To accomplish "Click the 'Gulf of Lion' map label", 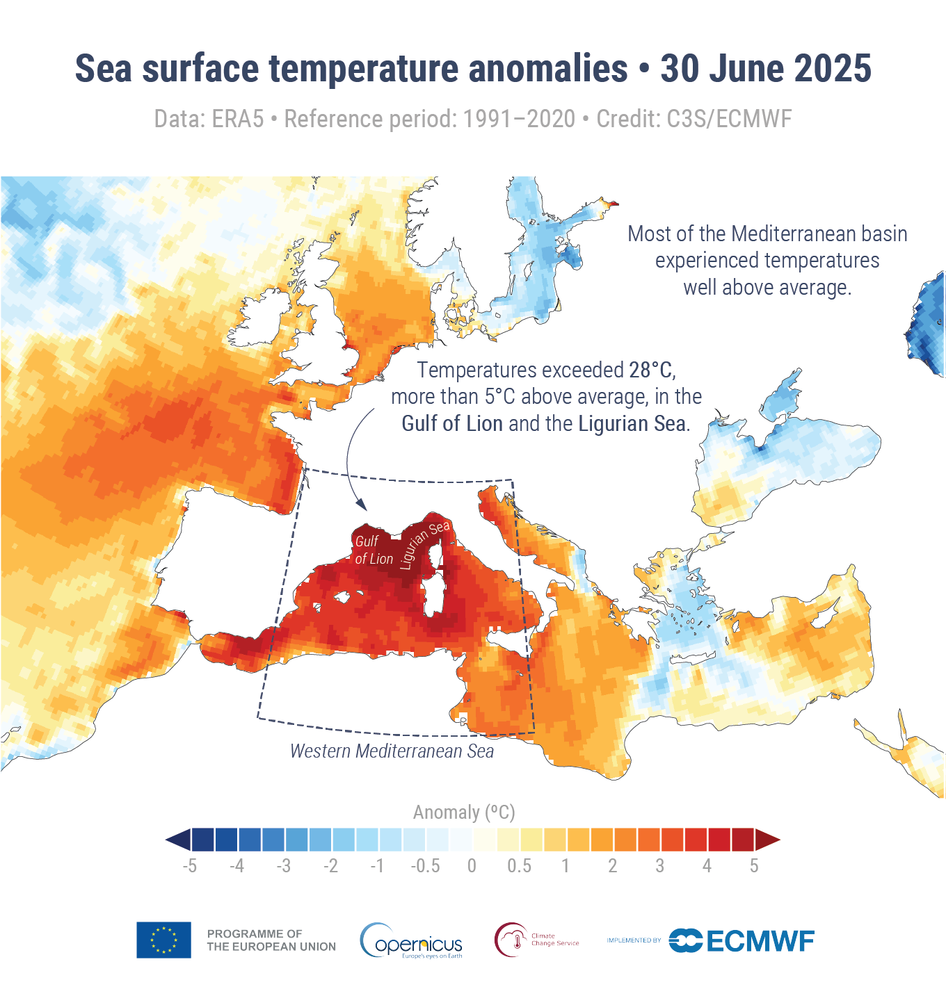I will point(373,550).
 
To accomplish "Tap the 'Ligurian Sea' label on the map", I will point(425,545).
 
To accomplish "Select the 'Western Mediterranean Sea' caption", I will point(392,751).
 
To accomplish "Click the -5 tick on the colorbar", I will point(189,866).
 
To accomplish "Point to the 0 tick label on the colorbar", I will point(472,866).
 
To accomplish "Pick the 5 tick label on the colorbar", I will point(754,866).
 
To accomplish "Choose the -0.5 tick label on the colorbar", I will point(425,866).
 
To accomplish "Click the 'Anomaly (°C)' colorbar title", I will point(464,813).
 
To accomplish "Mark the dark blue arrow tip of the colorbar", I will point(178,840).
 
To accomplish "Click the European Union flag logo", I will point(163,940).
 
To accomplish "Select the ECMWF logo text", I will point(760,941).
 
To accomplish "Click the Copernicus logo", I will point(411,941).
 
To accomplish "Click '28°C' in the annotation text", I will point(652,370).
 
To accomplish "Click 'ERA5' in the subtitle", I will point(238,120).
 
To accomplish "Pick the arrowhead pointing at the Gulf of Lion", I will point(360,506).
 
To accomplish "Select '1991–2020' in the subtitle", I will point(520,120).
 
